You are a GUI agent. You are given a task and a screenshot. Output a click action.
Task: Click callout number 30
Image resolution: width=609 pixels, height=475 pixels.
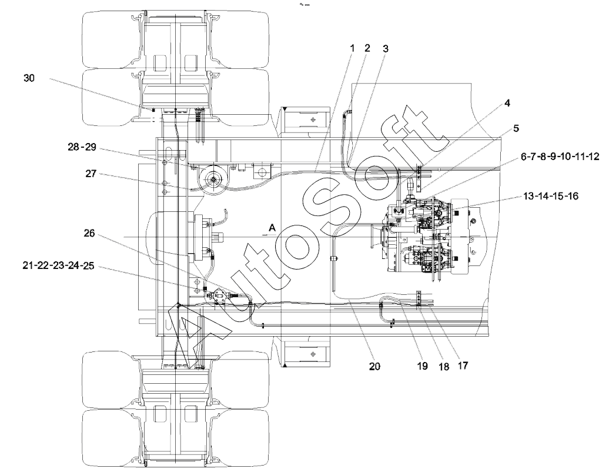(x=29, y=78)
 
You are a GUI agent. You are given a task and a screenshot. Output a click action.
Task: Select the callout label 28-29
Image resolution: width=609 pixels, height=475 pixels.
(x=82, y=147)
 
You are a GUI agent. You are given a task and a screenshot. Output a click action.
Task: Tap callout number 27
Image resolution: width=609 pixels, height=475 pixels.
(x=91, y=174)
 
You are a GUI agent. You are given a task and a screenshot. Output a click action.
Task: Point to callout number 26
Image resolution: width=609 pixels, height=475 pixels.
(x=89, y=234)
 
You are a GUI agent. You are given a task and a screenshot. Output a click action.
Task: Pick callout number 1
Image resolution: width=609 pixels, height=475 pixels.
(x=352, y=48)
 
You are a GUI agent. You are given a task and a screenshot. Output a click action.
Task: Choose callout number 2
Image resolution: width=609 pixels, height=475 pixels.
(x=367, y=48)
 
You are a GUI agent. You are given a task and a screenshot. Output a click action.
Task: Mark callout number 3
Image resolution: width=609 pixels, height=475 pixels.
(x=385, y=49)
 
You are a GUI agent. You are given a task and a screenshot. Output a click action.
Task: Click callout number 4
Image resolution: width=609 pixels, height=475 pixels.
(x=507, y=103)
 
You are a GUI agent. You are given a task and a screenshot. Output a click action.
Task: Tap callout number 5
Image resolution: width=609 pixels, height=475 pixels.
(x=516, y=128)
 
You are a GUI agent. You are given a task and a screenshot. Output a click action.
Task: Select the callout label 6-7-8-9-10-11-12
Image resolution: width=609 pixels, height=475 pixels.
(x=560, y=157)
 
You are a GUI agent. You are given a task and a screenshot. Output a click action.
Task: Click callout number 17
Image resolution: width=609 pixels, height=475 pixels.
(x=463, y=366)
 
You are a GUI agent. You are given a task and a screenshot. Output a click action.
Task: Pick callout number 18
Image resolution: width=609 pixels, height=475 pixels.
(x=444, y=367)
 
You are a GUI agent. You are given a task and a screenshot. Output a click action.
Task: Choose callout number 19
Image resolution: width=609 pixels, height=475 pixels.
(x=422, y=366)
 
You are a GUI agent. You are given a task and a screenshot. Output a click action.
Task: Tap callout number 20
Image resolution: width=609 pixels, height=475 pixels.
(x=375, y=367)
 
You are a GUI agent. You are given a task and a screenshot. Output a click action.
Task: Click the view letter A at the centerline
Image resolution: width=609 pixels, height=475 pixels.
(x=272, y=228)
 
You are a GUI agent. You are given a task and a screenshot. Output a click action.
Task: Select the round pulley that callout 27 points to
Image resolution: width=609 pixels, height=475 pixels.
(x=213, y=180)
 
